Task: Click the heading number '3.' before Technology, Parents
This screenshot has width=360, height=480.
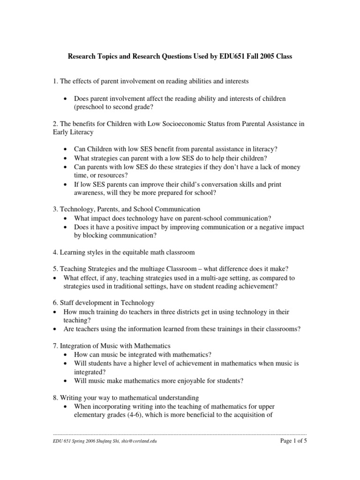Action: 55,209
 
